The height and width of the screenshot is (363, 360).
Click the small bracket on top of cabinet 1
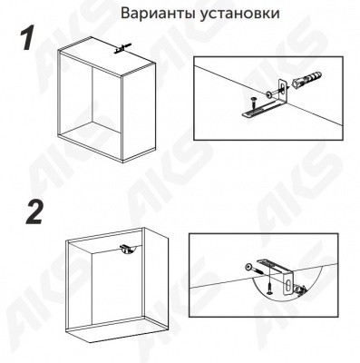(x=121, y=48)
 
